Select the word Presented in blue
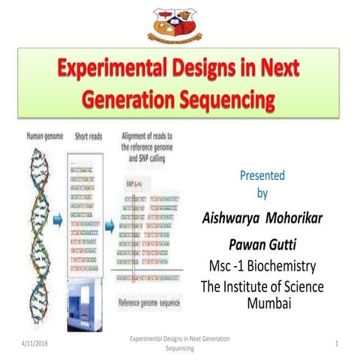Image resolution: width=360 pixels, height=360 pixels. (x=262, y=176)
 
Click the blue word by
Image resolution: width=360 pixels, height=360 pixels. (x=262, y=193)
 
